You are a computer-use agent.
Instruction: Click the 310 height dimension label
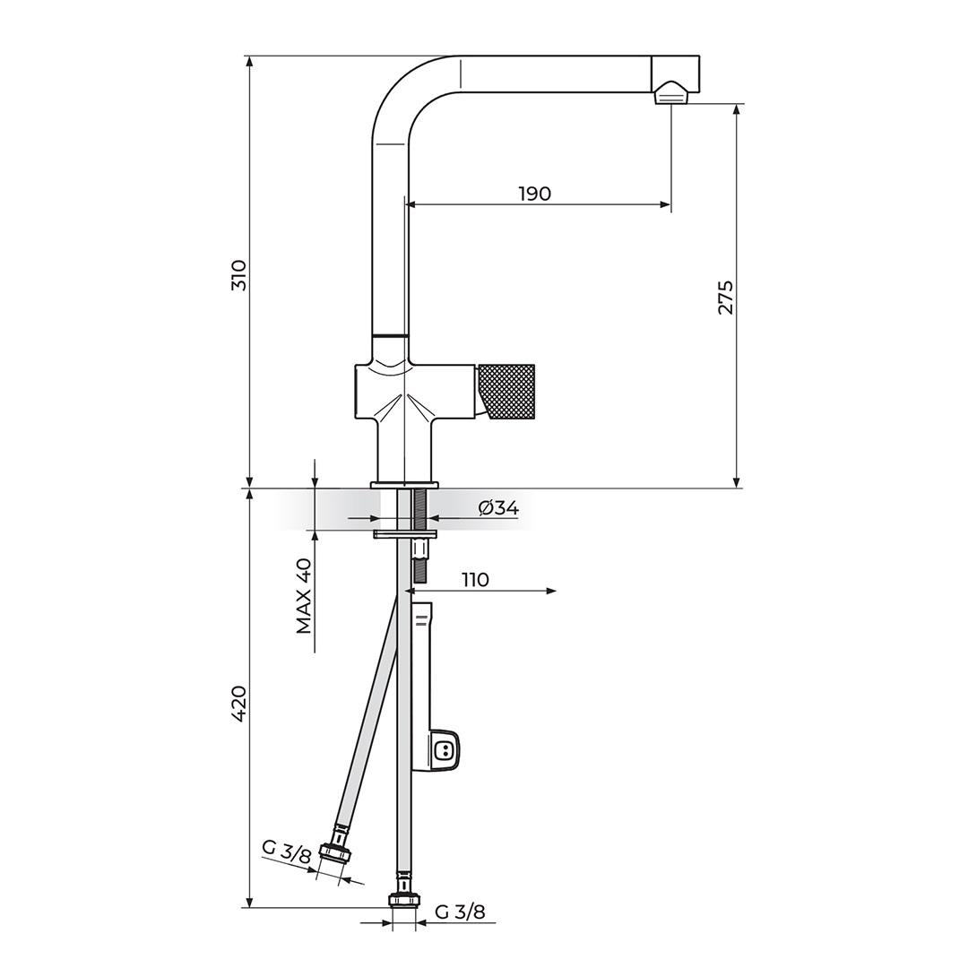(x=238, y=275)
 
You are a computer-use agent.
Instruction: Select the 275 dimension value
(x=725, y=298)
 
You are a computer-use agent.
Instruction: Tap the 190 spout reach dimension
(x=534, y=194)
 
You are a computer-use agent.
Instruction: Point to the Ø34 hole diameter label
(x=498, y=508)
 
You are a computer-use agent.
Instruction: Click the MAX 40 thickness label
(x=305, y=595)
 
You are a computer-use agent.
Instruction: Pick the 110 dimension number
(x=475, y=580)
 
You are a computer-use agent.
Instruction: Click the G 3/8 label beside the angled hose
(x=286, y=851)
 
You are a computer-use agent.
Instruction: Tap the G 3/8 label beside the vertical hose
(x=460, y=912)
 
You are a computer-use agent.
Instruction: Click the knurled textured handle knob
(x=507, y=391)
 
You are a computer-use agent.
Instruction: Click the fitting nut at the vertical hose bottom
(x=403, y=900)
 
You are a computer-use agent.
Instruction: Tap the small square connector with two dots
(x=444, y=750)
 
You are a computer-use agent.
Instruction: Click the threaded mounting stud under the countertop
(x=419, y=511)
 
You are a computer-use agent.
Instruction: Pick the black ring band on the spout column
(x=390, y=335)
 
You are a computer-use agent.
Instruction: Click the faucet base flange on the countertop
(x=405, y=485)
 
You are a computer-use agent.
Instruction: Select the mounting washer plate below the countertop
(x=405, y=535)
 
